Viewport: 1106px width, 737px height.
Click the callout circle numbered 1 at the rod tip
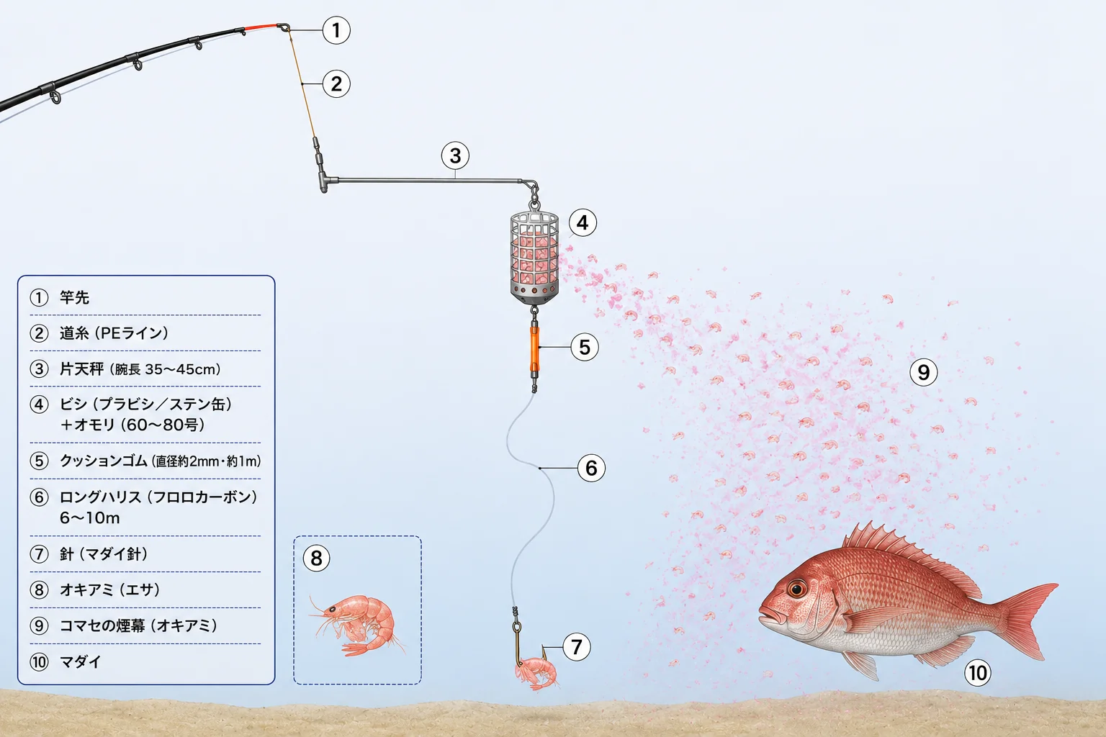click(336, 30)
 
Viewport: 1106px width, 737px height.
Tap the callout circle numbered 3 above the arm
click(455, 155)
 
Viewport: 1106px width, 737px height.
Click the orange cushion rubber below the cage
click(534, 349)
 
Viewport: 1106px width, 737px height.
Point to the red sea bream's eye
click(796, 589)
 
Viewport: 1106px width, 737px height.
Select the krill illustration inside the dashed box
click(356, 625)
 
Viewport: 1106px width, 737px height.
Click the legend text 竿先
click(74, 298)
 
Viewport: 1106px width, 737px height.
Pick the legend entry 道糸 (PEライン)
click(114, 333)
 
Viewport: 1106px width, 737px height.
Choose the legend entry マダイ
click(81, 661)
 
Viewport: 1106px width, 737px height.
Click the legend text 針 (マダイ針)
click(104, 554)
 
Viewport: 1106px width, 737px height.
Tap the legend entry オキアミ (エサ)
click(109, 589)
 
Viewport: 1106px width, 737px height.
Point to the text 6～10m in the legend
click(89, 517)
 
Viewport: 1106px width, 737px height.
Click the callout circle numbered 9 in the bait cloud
click(923, 372)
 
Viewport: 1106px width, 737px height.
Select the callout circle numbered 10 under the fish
click(978, 673)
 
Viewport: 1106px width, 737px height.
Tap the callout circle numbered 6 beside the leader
click(591, 468)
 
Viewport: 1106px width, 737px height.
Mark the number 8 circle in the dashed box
click(317, 559)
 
